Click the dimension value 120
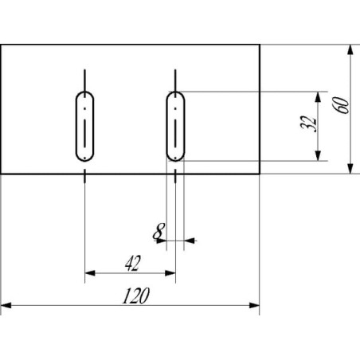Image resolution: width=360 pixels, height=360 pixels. (x=136, y=295)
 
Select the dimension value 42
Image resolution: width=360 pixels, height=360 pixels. (x=133, y=263)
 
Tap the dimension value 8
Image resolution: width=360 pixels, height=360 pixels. (x=158, y=231)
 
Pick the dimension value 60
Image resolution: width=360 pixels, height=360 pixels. (x=342, y=105)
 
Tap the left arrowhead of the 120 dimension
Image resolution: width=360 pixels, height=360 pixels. (x=6, y=305)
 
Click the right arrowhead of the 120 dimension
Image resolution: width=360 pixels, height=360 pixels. (x=254, y=305)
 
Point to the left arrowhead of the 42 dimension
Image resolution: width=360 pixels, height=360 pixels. (x=90, y=273)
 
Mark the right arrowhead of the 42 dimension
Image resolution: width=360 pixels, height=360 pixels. (x=170, y=273)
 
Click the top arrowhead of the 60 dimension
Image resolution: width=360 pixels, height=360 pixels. (x=350, y=50)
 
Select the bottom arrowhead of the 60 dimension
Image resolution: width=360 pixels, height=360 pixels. (x=350, y=169)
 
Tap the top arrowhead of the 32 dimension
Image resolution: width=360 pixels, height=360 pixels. (x=318, y=97)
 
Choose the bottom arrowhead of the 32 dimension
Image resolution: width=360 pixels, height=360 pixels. (x=318, y=155)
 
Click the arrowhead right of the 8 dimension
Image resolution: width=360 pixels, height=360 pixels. (x=190, y=241)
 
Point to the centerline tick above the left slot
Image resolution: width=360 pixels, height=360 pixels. (x=84, y=80)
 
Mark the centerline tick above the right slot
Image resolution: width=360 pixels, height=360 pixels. (x=175, y=80)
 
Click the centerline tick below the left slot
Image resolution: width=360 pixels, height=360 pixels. (x=84, y=176)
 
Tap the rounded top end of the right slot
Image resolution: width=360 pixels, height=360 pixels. (x=175, y=92)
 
